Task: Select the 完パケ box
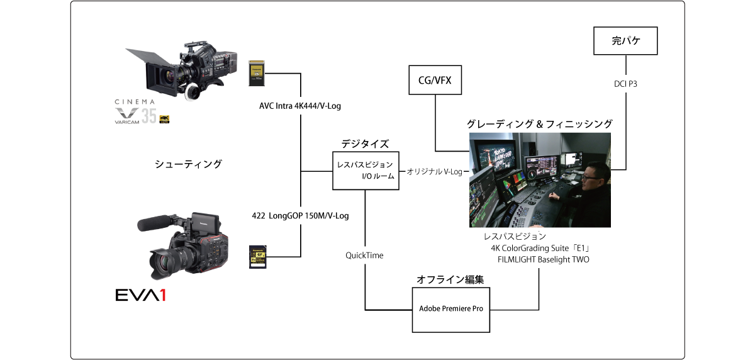tap(625, 42)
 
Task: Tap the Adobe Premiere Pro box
tap(450, 310)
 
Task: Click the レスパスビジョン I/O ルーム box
tap(365, 171)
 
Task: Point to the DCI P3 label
tap(625, 84)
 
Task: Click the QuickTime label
tap(364, 255)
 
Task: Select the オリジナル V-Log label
tap(435, 171)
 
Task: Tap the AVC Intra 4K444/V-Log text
tap(300, 106)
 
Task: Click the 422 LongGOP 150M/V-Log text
tap(300, 215)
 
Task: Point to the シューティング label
tap(188, 164)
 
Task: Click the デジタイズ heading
tap(365, 143)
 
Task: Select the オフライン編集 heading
tap(450, 279)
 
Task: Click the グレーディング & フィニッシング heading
tap(539, 124)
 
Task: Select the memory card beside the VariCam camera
tap(256, 73)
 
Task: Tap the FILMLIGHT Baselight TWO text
tap(543, 259)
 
